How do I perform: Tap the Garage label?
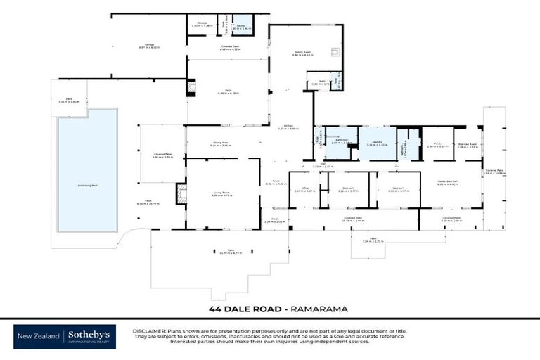click(149, 46)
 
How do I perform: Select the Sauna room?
click(242, 27)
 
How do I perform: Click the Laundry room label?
click(377, 143)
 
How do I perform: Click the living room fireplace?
click(182, 194)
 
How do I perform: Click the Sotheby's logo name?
click(91, 335)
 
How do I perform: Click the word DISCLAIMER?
click(148, 330)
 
